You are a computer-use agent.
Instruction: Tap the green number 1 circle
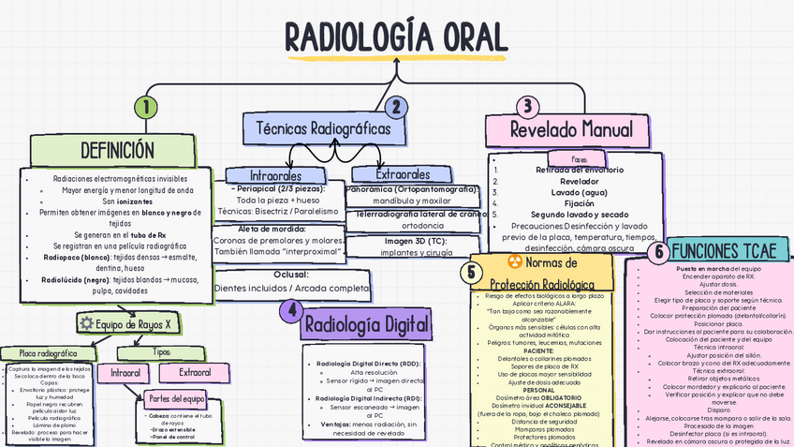point(144,108)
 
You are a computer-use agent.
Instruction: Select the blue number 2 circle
point(396,107)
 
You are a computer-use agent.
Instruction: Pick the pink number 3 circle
point(528,106)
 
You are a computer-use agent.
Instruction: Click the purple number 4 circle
point(293,310)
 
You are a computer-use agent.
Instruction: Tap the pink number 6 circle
point(658,251)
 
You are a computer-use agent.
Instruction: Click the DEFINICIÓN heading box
point(116,150)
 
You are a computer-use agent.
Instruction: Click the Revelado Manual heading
point(571,129)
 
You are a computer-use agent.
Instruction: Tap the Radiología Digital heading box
point(367,325)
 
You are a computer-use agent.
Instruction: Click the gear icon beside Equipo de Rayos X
point(86,323)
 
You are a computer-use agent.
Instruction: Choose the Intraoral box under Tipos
point(125,373)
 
